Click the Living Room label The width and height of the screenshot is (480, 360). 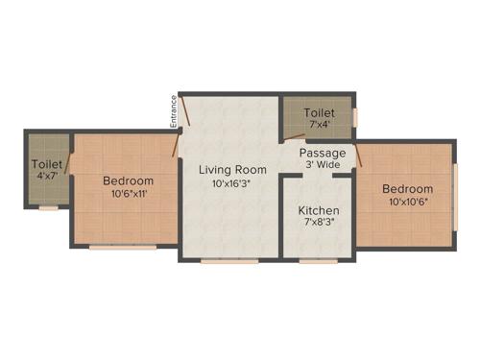232,170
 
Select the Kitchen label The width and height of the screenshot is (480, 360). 318,209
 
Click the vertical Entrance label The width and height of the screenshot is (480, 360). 174,110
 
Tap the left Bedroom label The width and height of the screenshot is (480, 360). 129,180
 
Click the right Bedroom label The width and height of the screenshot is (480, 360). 407,188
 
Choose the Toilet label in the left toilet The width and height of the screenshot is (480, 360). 47,164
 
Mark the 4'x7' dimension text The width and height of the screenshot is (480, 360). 47,177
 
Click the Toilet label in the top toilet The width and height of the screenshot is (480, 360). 320,112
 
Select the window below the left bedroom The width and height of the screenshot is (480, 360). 123,247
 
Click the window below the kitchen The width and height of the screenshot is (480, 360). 317,260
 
